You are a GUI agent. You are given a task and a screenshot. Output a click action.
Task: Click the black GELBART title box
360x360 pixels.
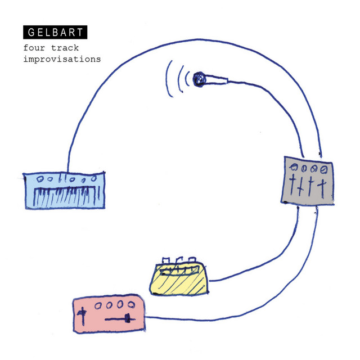tap(55, 32)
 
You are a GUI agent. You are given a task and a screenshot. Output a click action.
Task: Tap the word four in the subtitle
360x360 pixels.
tap(34, 48)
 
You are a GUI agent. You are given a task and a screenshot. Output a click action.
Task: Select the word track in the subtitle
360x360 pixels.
tap(65, 48)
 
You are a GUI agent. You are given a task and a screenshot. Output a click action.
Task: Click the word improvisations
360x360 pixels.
tap(62, 58)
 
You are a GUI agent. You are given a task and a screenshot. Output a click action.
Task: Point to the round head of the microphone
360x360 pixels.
tap(199, 79)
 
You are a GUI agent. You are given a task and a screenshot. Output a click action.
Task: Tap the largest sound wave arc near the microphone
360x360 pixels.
tap(169, 79)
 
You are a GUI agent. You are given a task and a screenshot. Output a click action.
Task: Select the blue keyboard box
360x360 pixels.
tap(65, 191)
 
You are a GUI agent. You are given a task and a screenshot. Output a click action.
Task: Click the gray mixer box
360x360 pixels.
tap(308, 181)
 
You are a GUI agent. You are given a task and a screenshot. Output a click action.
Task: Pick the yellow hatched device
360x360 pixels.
tap(179, 278)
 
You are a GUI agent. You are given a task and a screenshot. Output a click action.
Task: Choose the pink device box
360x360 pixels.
tap(109, 314)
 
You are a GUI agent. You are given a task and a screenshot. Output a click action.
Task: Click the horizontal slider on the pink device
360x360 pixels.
tap(120, 319)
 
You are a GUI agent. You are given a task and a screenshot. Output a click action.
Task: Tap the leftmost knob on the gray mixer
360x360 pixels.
tap(294, 167)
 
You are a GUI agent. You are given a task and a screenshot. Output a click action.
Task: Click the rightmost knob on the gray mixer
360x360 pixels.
tap(324, 170)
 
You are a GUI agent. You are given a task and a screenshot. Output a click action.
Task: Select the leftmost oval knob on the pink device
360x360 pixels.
tap(98, 305)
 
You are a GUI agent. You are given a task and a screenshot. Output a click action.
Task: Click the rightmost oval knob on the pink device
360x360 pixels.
tap(131, 305)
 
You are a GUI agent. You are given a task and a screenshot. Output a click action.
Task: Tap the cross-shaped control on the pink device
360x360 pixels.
tap(83, 316)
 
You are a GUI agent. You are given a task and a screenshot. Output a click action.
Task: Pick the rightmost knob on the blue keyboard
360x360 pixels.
tap(94, 178)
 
